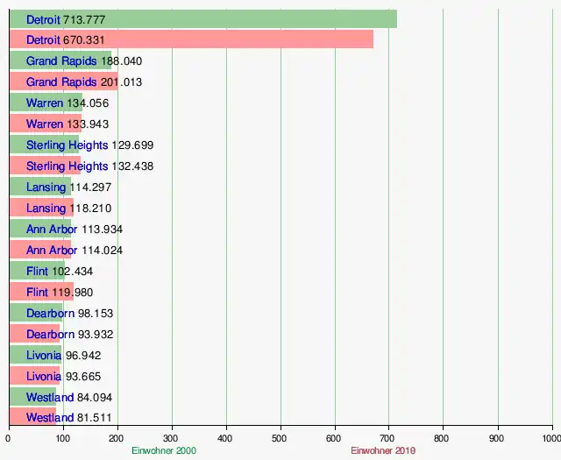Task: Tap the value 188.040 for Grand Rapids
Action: (122, 61)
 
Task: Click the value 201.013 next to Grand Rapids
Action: (122, 82)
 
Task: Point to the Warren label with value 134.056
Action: (45, 103)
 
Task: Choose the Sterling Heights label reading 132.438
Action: (67, 166)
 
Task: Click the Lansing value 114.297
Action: (90, 188)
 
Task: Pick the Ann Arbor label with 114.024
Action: (52, 251)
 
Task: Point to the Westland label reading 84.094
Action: (50, 398)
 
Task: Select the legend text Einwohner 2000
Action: (164, 451)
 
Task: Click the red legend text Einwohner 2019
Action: (383, 451)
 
